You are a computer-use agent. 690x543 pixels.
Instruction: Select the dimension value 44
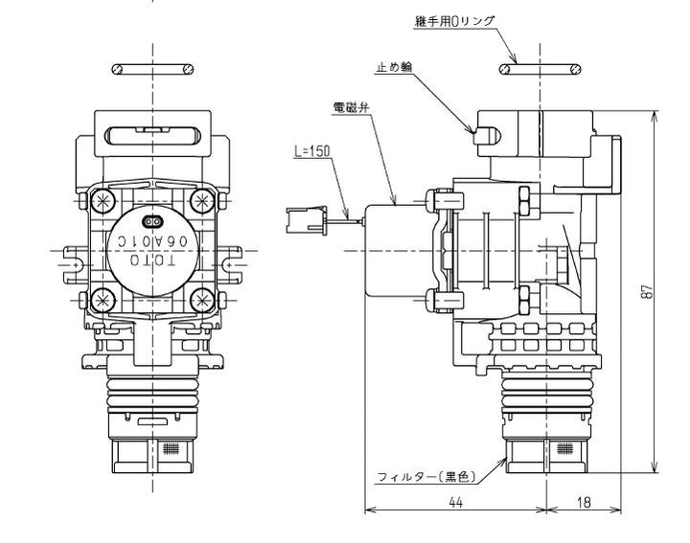point(454,503)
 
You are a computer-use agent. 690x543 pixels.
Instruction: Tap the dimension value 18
point(584,503)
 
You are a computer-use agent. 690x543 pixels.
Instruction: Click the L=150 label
point(311,151)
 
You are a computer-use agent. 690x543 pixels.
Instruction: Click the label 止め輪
point(394,67)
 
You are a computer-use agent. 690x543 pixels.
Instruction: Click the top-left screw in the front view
point(100,200)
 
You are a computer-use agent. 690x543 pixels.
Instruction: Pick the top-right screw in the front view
point(202,200)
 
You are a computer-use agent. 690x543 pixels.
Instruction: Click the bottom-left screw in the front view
point(100,299)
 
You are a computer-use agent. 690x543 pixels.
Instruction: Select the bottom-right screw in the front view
point(202,299)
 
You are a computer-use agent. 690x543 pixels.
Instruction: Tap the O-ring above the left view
point(151,68)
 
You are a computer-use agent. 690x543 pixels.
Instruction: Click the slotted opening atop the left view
point(151,135)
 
